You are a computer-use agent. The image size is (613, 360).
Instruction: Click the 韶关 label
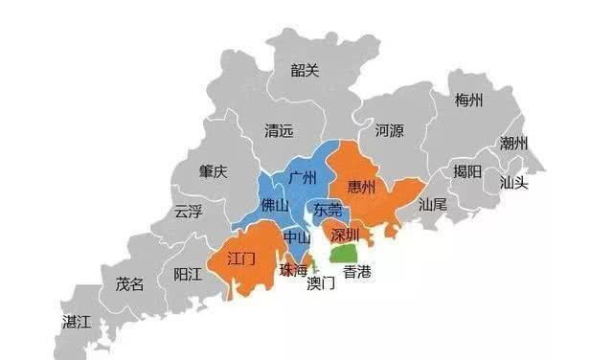(306, 69)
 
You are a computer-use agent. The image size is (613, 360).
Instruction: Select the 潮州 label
(513, 144)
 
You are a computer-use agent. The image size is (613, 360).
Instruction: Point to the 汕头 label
(513, 182)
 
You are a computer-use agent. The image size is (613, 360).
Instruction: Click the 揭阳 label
(468, 171)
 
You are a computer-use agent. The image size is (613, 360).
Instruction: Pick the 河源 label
(389, 129)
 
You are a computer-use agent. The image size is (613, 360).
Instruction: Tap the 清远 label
(279, 135)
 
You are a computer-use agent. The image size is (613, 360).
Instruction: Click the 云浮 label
(188, 212)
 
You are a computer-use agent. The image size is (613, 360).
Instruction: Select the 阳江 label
(188, 274)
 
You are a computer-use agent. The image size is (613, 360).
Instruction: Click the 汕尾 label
(433, 204)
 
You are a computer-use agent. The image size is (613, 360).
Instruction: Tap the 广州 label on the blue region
(303, 179)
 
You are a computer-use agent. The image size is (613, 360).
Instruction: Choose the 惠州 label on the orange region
(361, 186)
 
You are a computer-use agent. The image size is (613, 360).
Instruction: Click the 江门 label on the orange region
(241, 259)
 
